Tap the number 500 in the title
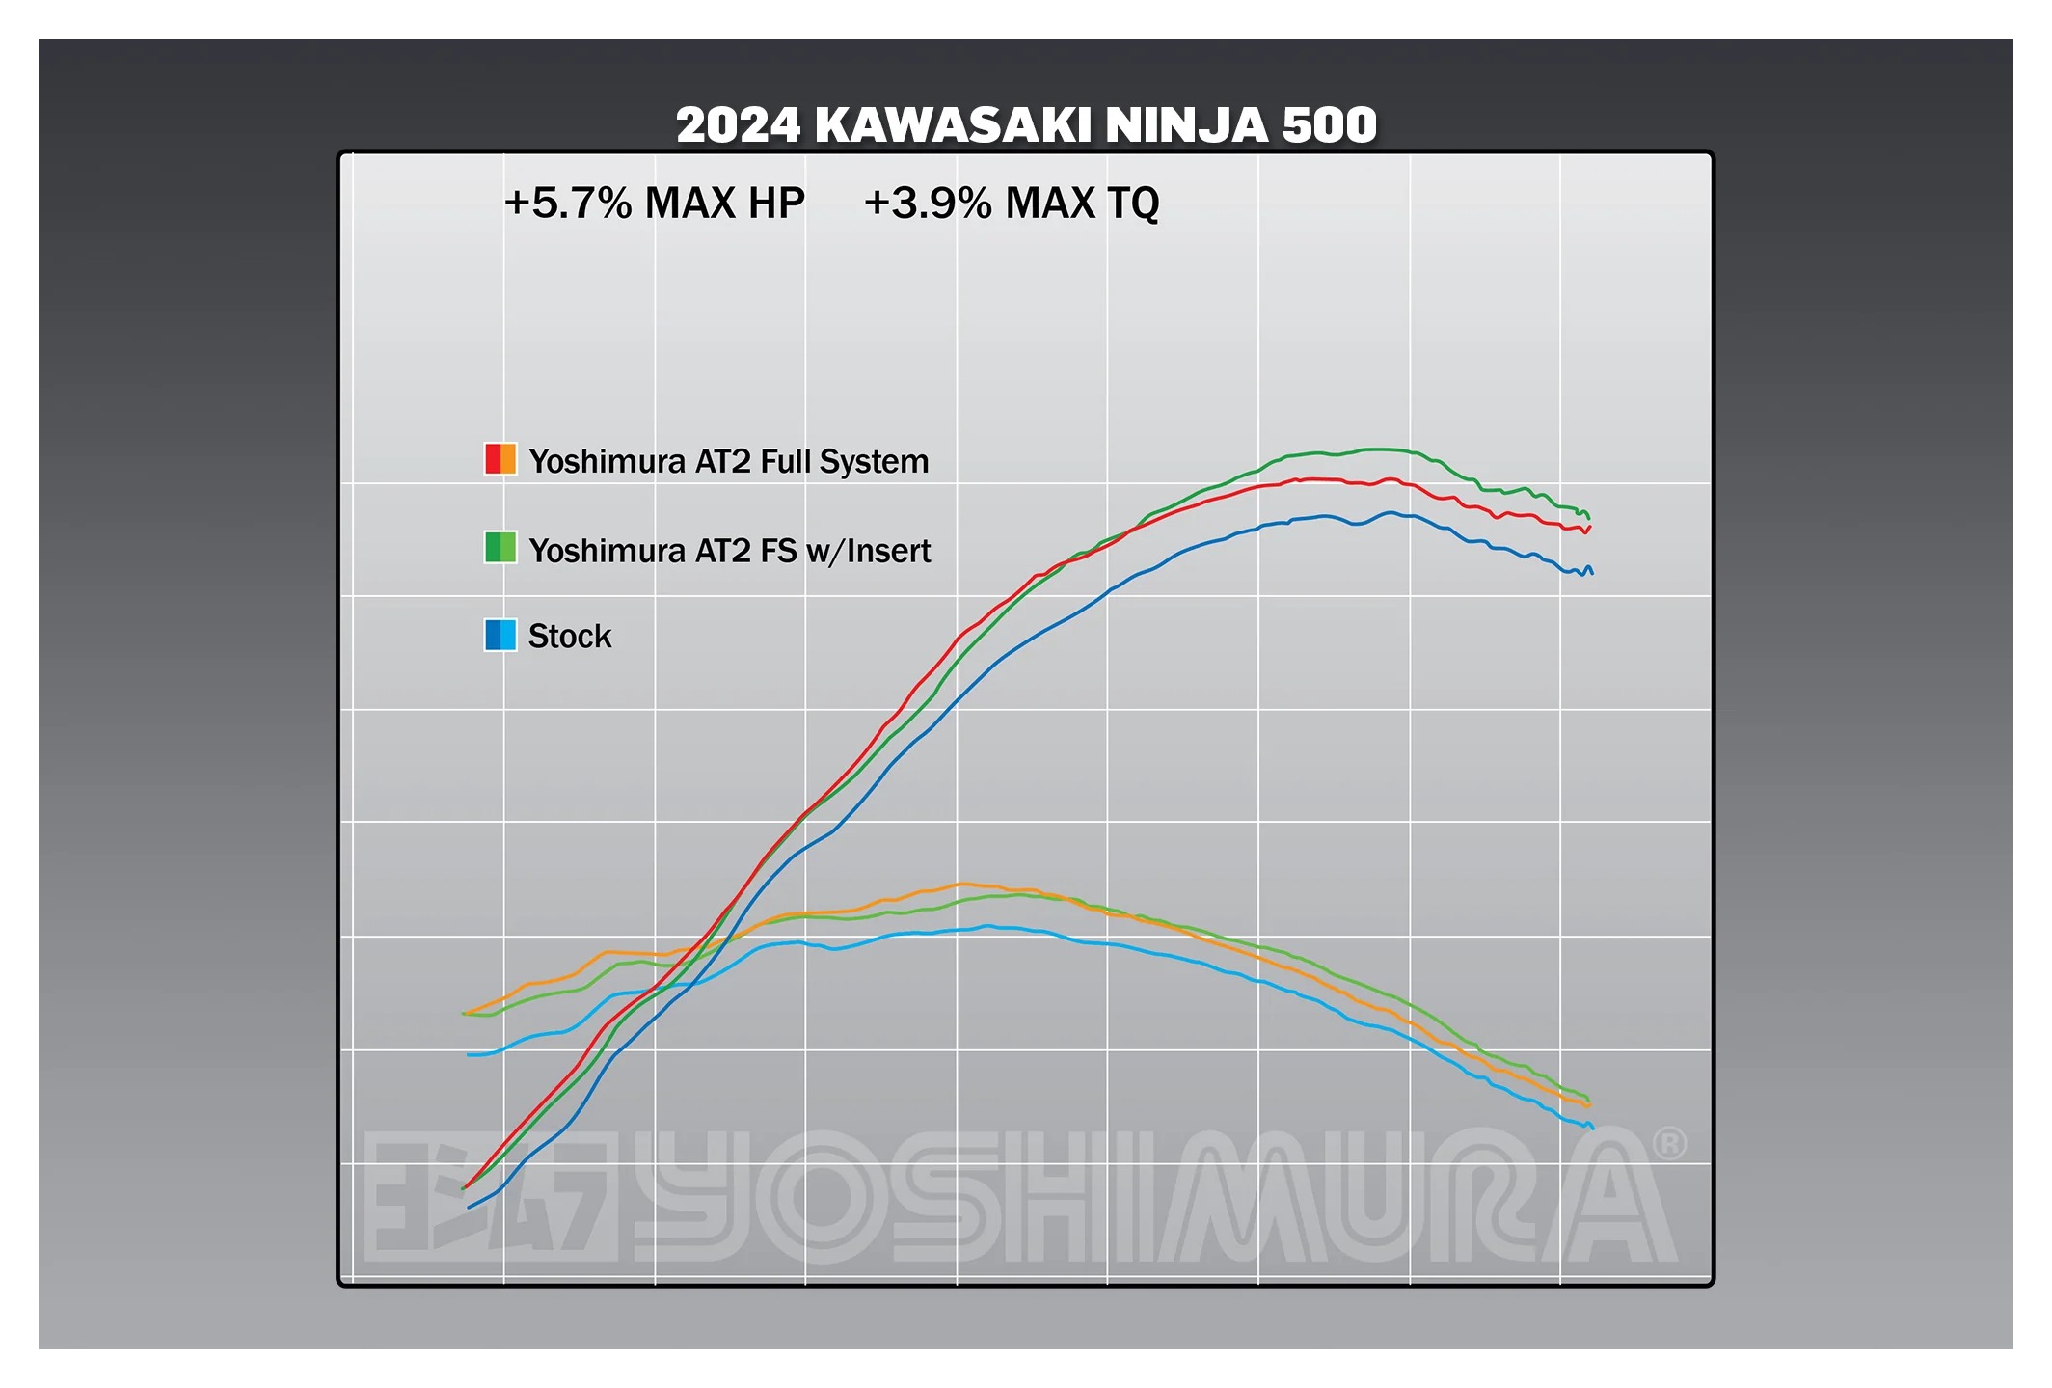click(x=1329, y=125)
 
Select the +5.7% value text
click(x=567, y=204)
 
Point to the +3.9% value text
click(x=927, y=204)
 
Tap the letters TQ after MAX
click(x=1133, y=204)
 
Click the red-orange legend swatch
click(x=500, y=459)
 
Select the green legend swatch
click(x=500, y=547)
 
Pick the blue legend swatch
click(x=500, y=635)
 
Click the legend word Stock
click(x=569, y=637)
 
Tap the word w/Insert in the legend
click(x=868, y=551)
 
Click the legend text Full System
click(x=844, y=462)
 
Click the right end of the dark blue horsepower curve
click(x=1591, y=572)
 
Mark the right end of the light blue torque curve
click(x=1592, y=1127)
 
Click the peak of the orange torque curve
click(x=961, y=884)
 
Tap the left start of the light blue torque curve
click(x=469, y=1054)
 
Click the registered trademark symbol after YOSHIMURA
click(x=1669, y=1144)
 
